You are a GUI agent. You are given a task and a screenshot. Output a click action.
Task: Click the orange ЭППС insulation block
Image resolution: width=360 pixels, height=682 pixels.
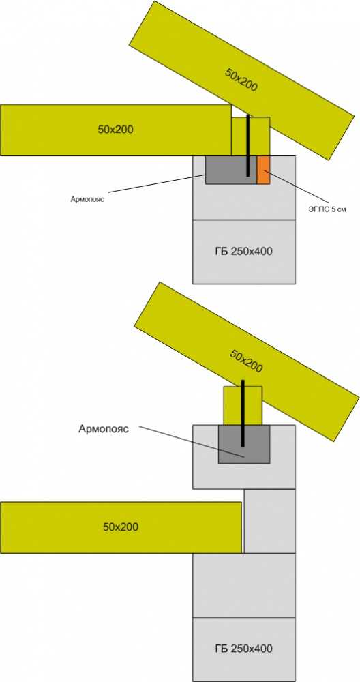pos(263,170)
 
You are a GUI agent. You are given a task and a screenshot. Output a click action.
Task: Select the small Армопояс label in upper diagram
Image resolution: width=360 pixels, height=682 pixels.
pos(88,200)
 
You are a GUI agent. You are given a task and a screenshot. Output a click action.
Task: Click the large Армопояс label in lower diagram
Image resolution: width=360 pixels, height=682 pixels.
pos(104,429)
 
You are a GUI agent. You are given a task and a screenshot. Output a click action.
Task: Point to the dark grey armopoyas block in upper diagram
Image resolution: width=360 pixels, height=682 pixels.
pos(231,170)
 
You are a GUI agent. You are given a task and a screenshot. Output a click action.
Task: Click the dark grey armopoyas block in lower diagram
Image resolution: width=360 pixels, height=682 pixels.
pos(244,444)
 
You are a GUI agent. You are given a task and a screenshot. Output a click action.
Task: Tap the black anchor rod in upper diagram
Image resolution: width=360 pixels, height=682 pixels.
pos(248,145)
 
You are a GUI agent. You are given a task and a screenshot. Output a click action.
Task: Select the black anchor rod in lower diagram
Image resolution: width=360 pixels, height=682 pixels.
pos(243,413)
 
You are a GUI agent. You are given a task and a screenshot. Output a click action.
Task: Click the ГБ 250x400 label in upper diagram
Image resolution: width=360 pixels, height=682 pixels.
pos(244,251)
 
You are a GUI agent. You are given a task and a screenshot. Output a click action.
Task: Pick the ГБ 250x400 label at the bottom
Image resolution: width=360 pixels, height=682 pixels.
pos(244,649)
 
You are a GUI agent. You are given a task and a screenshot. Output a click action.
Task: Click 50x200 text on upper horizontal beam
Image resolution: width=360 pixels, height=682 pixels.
pos(115,129)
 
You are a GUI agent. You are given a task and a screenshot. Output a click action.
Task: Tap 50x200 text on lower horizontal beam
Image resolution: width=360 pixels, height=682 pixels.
pos(121,527)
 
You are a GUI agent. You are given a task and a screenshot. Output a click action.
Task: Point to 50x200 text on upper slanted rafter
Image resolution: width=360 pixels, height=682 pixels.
pos(241,80)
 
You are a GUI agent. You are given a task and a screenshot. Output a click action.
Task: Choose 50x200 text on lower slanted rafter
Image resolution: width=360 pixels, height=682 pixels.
pos(246,361)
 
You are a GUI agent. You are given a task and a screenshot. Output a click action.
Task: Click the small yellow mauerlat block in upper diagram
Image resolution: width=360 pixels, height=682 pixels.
pos(250,136)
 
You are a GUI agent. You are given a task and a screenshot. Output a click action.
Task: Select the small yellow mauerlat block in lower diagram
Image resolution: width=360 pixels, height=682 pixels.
pos(243,405)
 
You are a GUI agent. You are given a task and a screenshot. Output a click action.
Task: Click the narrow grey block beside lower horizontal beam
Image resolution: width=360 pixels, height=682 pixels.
pos(269,521)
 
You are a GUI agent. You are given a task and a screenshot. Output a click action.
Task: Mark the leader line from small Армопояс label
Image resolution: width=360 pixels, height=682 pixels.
pos(157,183)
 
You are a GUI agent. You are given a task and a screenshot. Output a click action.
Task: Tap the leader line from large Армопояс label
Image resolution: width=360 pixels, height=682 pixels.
pos(192,442)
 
